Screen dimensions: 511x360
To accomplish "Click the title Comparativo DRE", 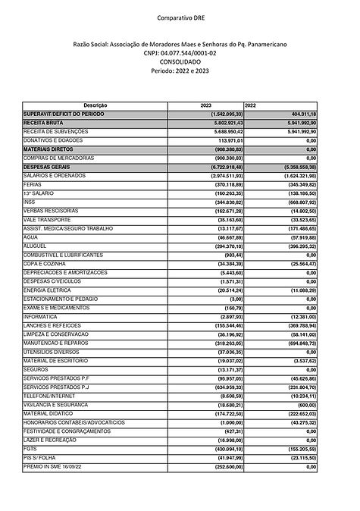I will pos(180,16).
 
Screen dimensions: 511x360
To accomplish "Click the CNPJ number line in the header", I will pos(180,54).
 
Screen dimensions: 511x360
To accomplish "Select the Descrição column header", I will pos(97,104).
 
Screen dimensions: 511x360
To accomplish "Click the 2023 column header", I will pos(205,104).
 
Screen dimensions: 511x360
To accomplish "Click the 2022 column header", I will pos(251,104).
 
